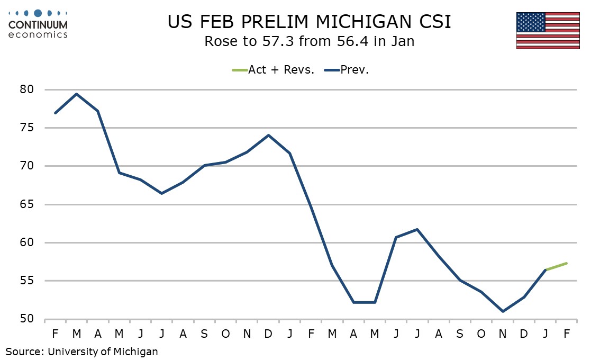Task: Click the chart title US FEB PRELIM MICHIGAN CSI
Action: tap(310, 22)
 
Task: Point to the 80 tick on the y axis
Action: tap(27, 89)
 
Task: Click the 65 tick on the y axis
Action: tap(27, 204)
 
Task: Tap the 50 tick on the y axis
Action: tap(27, 319)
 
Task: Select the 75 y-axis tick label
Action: tap(27, 128)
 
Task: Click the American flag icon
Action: tap(548, 30)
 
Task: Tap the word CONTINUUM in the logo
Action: tap(38, 25)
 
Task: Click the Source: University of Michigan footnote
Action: tap(82, 351)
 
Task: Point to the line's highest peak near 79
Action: tap(77, 94)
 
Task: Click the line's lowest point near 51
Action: tap(502, 311)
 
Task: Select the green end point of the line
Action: tap(566, 263)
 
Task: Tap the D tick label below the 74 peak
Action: tap(269, 334)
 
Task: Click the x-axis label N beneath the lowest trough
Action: tap(502, 334)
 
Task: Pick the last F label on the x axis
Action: tap(566, 334)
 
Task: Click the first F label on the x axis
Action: tap(56, 334)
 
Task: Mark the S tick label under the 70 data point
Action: tap(204, 334)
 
